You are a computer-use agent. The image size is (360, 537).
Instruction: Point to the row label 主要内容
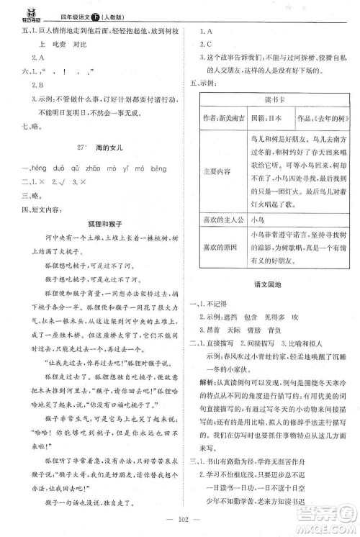[218, 171]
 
